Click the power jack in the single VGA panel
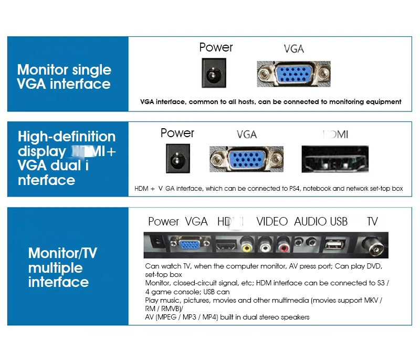214,74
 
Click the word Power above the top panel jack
216,47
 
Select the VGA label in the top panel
293,49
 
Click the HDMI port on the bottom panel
226,244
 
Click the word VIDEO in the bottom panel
272,221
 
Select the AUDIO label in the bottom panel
310,221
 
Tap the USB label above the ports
339,221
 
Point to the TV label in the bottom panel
372,221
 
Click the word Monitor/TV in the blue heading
62,253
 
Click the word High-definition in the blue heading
67,137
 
